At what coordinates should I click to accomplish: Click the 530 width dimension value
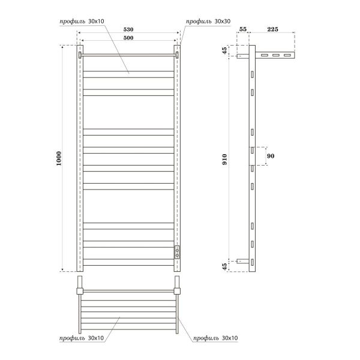coord(129,29)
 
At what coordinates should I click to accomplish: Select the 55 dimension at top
coord(242,29)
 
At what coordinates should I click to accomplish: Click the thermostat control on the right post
coord(177,251)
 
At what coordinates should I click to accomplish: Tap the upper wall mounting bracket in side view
coord(241,56)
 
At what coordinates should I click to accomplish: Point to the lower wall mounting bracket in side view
coord(241,261)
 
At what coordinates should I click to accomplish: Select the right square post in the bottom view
coord(177,292)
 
